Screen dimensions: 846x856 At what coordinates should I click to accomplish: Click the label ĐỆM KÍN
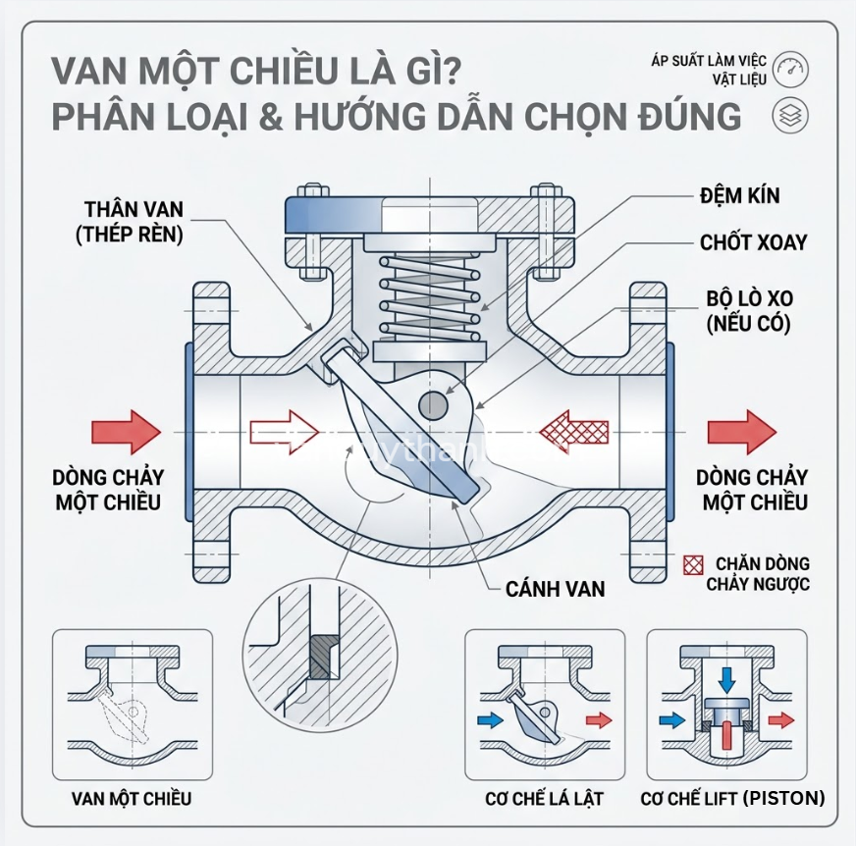click(x=740, y=194)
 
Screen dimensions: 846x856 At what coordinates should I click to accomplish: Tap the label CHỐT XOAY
click(x=754, y=241)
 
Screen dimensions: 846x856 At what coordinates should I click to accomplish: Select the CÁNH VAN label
click(x=555, y=589)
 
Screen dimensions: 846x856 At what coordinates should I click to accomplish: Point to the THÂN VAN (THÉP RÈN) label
click(x=135, y=223)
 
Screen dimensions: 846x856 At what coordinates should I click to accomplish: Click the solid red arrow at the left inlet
click(x=125, y=431)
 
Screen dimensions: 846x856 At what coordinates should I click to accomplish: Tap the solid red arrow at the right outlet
click(x=741, y=431)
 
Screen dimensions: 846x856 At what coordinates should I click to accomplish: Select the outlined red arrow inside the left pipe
click(x=284, y=430)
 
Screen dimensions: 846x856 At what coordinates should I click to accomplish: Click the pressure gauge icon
click(x=789, y=71)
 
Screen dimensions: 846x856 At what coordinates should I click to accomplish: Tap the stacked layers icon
click(x=789, y=115)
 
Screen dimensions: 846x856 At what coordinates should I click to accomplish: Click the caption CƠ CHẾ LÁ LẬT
click(x=544, y=798)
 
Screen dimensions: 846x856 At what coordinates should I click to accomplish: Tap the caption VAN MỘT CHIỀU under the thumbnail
click(x=132, y=798)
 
